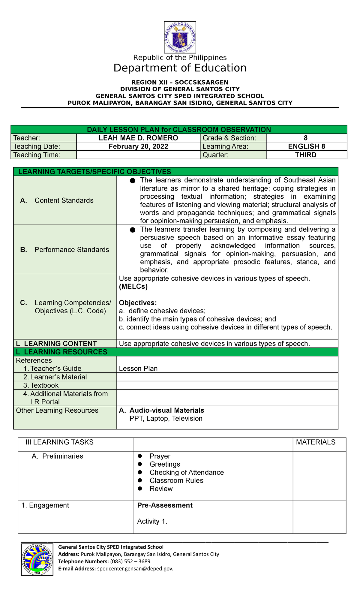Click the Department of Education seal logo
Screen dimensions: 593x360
click(180, 37)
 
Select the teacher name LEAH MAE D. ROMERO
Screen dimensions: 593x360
click(138, 138)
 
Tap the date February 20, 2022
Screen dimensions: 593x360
click(138, 146)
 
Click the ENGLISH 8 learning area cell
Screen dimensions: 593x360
click(306, 146)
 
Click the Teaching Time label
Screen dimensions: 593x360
click(37, 155)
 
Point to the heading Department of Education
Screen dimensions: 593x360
click(180, 68)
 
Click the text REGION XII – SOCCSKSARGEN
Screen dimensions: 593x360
click(180, 82)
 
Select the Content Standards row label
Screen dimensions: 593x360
click(64, 200)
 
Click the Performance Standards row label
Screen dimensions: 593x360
click(72, 250)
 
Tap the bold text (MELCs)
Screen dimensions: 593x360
click(133, 287)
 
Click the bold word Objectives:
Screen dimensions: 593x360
click(138, 303)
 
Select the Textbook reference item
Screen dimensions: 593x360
click(44, 385)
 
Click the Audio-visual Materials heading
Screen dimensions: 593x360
click(166, 410)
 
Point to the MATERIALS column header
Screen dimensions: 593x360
click(316, 442)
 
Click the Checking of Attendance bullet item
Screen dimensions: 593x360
click(187, 472)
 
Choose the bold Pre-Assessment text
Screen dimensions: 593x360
click(165, 505)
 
